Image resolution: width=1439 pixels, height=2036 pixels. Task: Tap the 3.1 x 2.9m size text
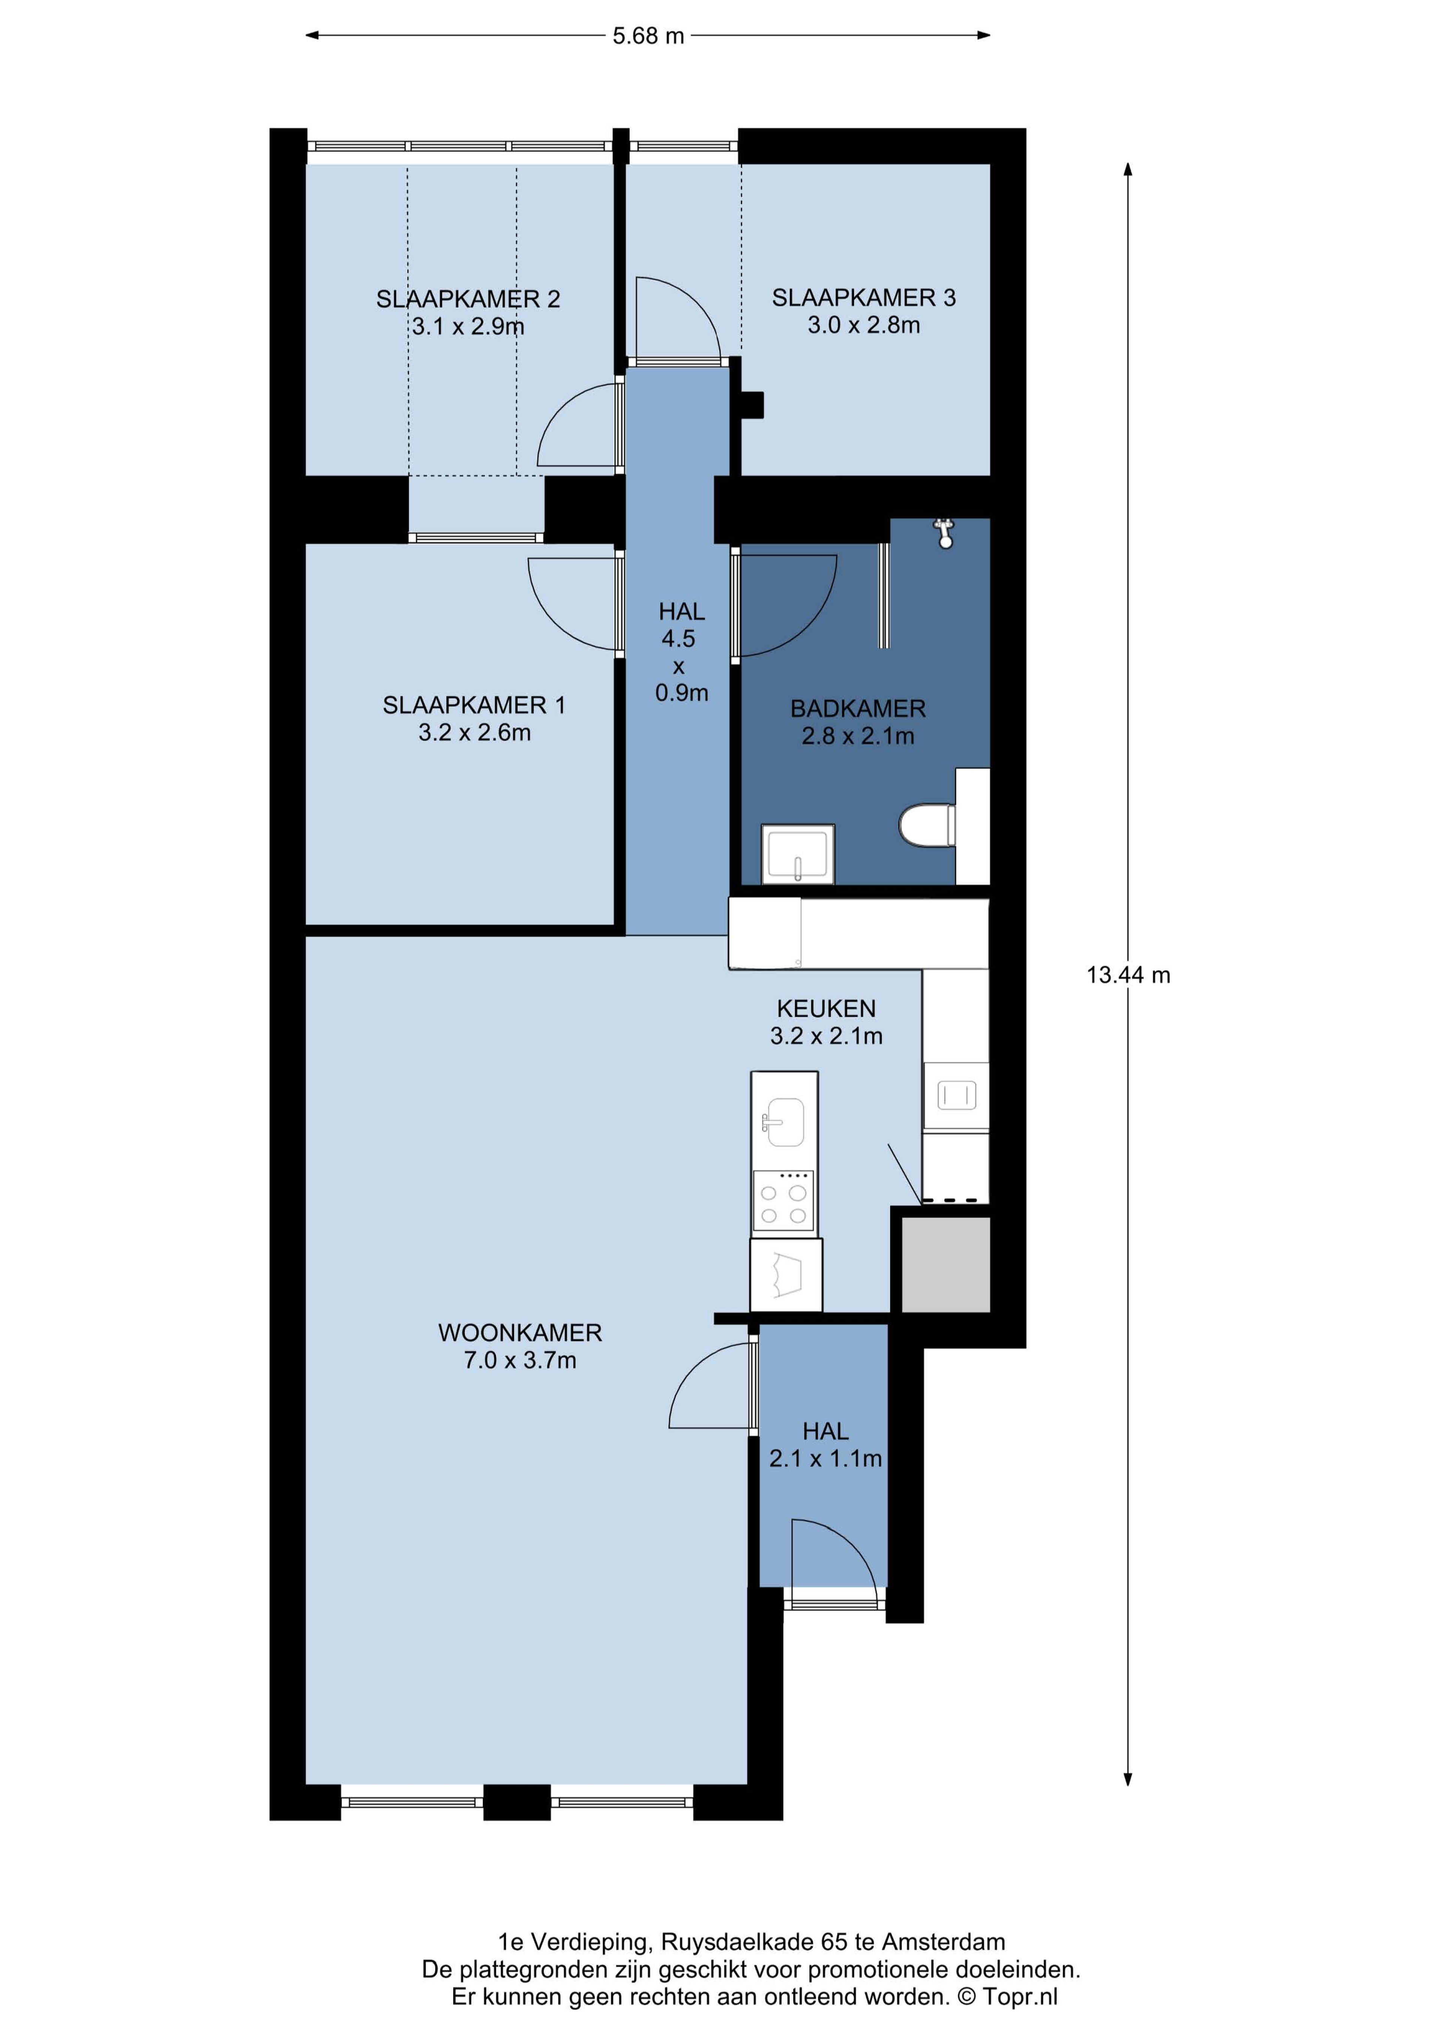point(468,327)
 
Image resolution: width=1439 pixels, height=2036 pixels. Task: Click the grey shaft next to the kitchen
point(945,1264)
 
